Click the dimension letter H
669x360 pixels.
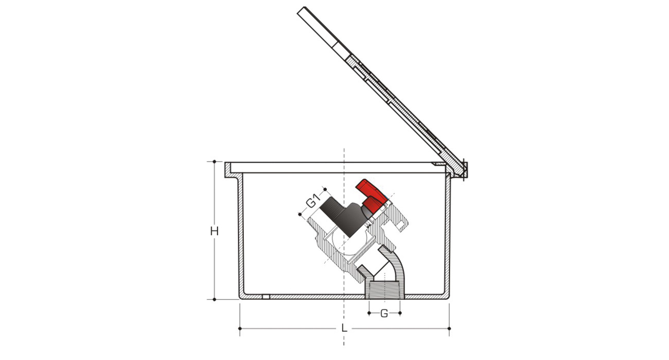coord(214,231)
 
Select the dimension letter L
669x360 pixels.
coord(344,328)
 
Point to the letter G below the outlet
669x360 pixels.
coord(384,313)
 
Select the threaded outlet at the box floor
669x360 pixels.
coord(385,290)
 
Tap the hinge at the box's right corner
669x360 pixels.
coord(463,168)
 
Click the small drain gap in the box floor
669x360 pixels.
coord(266,297)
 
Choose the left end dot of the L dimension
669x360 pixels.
coord(240,328)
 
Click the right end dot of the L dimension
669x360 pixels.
coord(449,328)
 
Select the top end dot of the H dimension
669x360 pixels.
coord(214,162)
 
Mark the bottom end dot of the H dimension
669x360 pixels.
coord(214,299)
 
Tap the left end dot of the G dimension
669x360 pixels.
coord(369,313)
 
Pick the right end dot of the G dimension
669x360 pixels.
coord(400,313)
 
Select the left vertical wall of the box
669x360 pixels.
coord(241,237)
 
